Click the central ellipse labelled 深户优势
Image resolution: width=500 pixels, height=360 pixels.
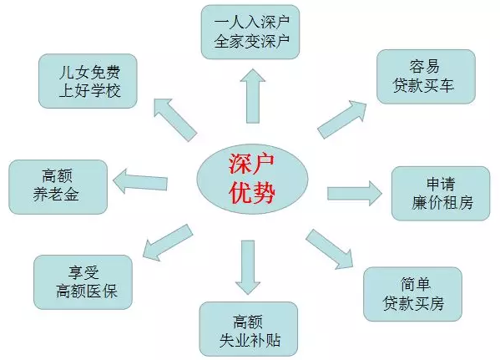coord(252,179)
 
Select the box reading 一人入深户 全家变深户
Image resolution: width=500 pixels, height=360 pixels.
coord(250,32)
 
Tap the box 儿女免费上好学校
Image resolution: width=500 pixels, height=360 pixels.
coord(88,81)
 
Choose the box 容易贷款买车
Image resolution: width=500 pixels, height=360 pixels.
coord(426,77)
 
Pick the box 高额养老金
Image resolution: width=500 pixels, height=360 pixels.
coord(58,187)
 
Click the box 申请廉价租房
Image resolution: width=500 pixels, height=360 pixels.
coord(441,194)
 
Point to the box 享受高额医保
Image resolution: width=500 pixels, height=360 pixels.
coord(83,282)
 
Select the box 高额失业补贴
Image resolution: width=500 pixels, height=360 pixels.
coord(249,329)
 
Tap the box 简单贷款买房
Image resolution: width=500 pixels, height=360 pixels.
coord(412,294)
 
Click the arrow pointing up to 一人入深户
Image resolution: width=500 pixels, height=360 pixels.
coord(253,96)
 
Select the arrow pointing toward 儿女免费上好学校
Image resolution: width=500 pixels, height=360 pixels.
coord(174,120)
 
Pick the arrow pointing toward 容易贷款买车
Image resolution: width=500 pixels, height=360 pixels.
coord(342,119)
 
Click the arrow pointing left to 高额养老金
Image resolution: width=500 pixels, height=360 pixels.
coord(140,181)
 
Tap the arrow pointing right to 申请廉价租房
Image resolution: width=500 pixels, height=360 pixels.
coord(355,194)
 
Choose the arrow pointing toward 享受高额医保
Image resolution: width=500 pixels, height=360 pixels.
coord(168,242)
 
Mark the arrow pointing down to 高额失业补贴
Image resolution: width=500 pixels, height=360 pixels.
coord(248,267)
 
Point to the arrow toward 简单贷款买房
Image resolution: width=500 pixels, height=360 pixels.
coord(330,249)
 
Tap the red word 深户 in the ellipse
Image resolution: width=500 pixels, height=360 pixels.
coord(251,165)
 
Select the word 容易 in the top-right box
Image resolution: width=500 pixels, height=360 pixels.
coord(424,66)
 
